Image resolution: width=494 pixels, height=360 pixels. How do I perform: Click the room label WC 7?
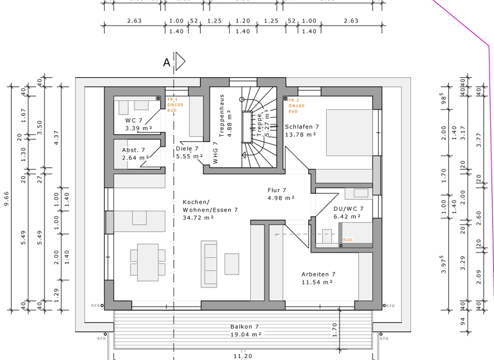point(134,120)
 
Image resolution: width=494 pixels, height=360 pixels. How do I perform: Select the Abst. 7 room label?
point(134,150)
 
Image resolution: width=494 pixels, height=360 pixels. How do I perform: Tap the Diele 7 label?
point(188,148)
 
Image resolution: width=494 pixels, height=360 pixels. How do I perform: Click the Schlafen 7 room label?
point(302,127)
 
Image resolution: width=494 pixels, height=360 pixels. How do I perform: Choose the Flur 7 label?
point(277,190)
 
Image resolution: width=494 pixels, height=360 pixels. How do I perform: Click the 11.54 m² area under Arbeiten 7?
point(316,282)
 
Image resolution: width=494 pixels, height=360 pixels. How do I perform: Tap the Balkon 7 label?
point(244,327)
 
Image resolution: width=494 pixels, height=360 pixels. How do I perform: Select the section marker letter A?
point(167,62)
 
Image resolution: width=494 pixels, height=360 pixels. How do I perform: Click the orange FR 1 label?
point(172,100)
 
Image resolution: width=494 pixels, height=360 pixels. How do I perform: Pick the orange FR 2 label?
point(293,100)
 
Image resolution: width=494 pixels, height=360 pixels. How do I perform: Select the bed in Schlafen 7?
point(349,132)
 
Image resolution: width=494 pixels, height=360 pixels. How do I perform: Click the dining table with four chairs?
point(144,262)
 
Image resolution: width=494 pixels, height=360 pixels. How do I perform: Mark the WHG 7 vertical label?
point(215,153)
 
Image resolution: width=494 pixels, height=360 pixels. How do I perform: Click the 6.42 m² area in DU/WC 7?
point(347,217)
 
